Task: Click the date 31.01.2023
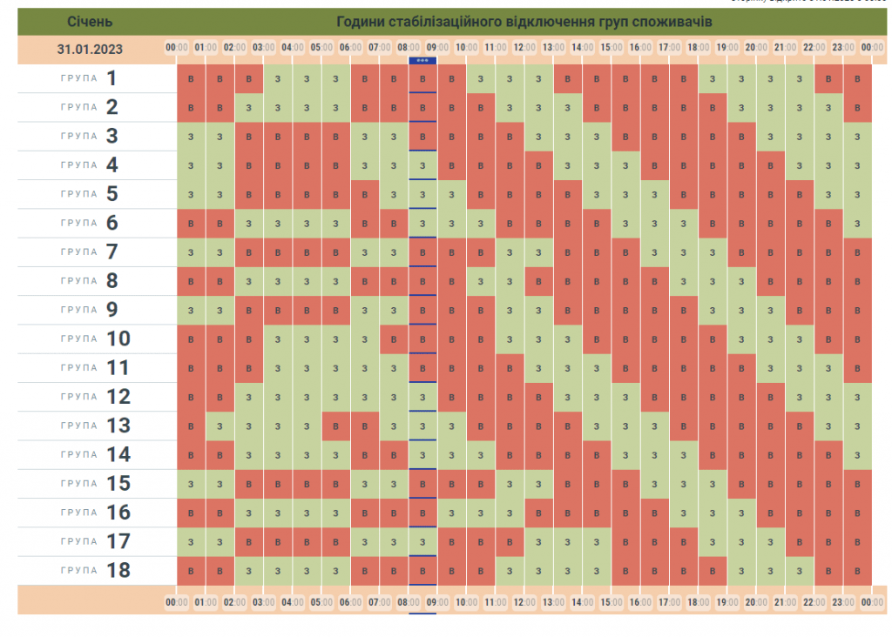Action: [90, 49]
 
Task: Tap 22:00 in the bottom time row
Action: [814, 601]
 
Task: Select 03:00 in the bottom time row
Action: [263, 601]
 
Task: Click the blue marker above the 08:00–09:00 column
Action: [422, 60]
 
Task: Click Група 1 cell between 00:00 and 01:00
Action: [191, 79]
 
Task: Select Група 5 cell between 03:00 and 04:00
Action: [278, 194]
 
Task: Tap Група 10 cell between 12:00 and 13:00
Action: [538, 339]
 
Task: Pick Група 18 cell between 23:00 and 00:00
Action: [857, 571]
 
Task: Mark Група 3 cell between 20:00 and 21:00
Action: [770, 137]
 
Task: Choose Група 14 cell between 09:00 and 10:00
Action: [451, 455]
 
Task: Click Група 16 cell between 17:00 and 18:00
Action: [683, 513]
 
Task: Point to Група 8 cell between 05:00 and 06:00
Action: [335, 281]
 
